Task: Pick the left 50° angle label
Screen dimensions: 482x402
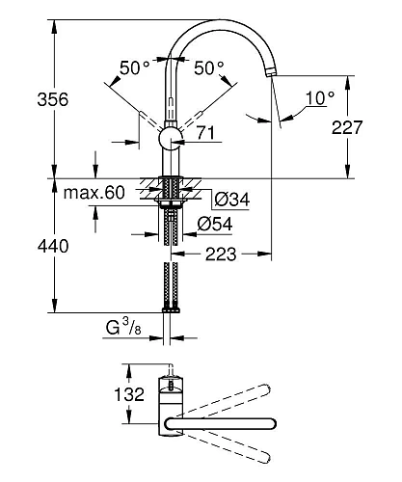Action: click(x=133, y=67)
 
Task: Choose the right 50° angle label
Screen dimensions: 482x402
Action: click(x=207, y=67)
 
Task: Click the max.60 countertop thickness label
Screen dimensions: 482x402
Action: click(x=94, y=194)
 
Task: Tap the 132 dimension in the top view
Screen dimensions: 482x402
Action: click(x=128, y=394)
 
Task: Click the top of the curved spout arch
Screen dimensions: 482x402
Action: click(x=222, y=11)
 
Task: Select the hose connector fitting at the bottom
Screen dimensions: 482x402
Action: click(x=171, y=308)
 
